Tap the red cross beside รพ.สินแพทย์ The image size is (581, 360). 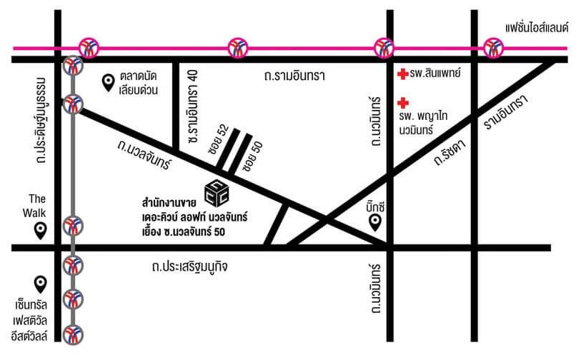[402, 73]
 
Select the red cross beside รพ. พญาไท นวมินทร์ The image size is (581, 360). [402, 102]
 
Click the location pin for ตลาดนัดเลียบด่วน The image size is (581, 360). [109, 84]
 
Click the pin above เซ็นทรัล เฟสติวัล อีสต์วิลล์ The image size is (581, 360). [41, 284]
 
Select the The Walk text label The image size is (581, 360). [37, 204]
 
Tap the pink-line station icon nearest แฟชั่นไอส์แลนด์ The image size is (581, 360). [492, 48]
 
